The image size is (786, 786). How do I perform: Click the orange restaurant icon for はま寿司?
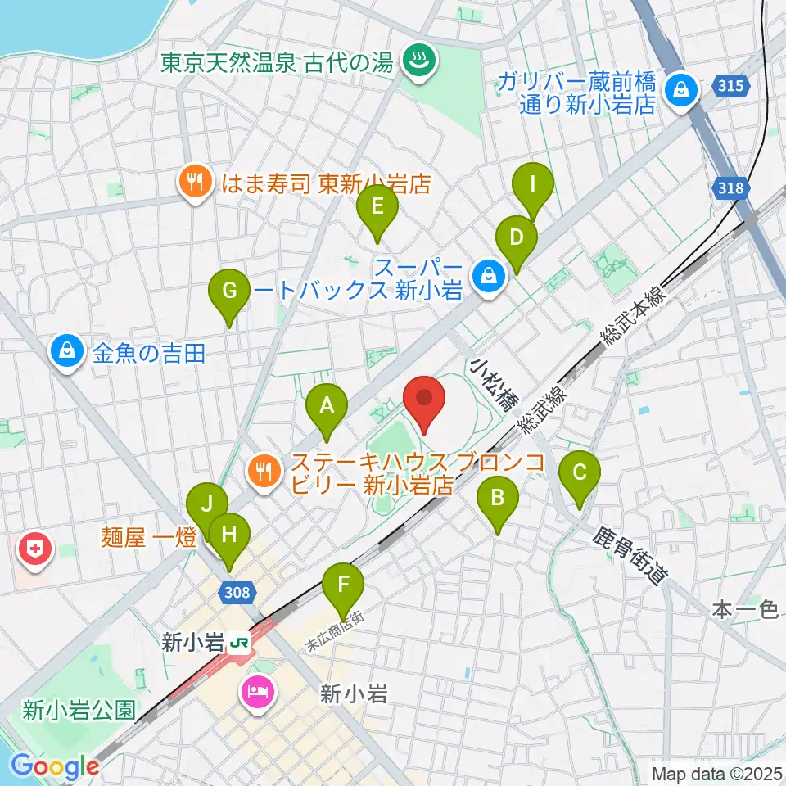pos(195,182)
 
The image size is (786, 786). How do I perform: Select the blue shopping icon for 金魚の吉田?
pos(65,352)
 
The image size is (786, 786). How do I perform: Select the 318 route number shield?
pos(731,188)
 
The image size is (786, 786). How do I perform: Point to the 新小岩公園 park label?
pos(79,709)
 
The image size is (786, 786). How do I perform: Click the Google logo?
pos(56,766)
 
